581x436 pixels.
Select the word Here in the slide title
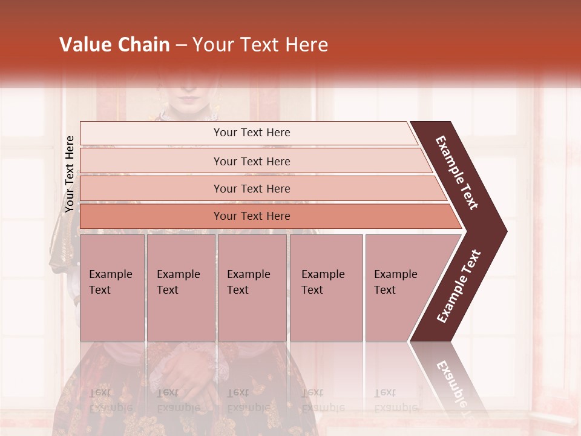(x=306, y=45)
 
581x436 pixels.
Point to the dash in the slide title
(x=181, y=45)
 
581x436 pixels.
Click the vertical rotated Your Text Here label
(x=70, y=174)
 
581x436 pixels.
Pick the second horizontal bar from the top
(x=252, y=161)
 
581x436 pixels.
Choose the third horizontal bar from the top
(x=252, y=188)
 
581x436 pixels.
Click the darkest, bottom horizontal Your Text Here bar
(x=252, y=216)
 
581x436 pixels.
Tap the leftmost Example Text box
(x=112, y=287)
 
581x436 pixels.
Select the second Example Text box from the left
(x=180, y=287)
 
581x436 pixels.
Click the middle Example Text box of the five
(x=252, y=287)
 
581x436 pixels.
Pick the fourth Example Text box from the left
(x=326, y=287)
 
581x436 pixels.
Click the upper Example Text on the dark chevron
(x=458, y=172)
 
